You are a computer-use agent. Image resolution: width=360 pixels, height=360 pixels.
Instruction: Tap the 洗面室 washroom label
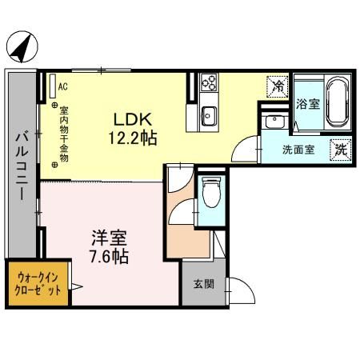coord(298,149)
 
